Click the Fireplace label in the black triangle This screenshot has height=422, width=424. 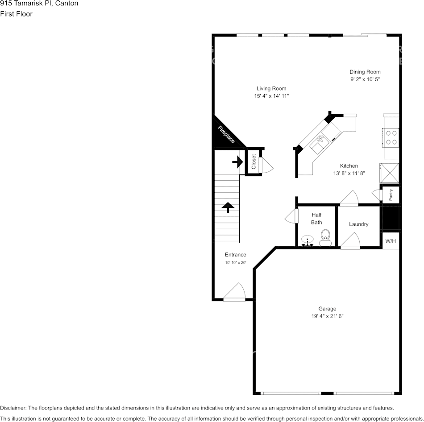pos(226,135)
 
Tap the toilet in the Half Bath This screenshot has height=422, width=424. pos(325,237)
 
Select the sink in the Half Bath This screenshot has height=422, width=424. pos(308,241)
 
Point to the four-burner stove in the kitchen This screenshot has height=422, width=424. pos(391,137)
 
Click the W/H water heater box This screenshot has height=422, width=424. pos(391,241)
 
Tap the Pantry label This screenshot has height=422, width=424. pos(391,195)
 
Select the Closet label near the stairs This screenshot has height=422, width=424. pos(254,161)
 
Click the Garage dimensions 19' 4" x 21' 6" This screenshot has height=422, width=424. pos(327,316)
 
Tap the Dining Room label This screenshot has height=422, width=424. pos(365,72)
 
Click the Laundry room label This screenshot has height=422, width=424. pos(358,224)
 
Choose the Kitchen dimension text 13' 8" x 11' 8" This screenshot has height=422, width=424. pos(349,173)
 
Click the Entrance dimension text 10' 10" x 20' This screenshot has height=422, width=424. pos(235,263)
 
